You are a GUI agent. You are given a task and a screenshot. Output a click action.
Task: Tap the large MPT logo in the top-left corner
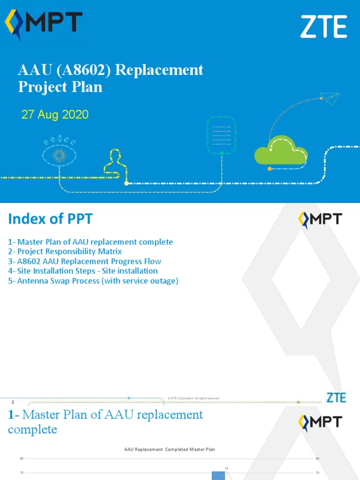44,24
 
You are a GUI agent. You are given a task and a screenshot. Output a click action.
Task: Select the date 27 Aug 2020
55,114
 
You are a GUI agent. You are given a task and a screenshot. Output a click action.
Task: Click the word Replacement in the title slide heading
159,70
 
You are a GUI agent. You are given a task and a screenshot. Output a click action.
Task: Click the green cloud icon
281,150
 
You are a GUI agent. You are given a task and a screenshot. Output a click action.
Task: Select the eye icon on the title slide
59,153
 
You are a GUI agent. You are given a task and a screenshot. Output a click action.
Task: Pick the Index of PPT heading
50,219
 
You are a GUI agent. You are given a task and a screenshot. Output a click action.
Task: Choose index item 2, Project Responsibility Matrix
65,252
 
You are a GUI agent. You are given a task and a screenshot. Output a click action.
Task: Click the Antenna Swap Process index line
93,281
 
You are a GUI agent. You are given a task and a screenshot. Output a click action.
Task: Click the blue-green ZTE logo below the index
336,397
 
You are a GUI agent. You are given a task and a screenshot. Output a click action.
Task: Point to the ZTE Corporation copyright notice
194,398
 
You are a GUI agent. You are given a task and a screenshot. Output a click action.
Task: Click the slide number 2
13,402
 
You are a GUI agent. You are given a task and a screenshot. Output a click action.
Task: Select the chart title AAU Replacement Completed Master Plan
169,450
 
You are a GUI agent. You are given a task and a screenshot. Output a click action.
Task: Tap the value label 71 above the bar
226,468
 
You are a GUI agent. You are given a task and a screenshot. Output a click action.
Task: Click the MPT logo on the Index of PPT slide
320,220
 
